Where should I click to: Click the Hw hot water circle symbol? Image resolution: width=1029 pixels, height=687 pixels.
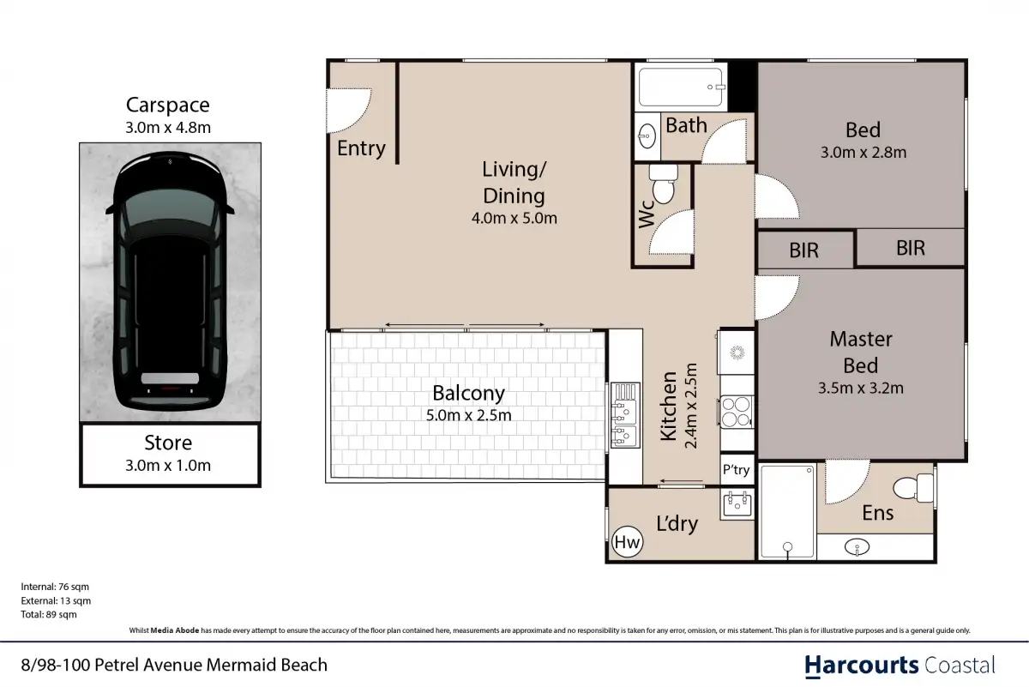point(628,542)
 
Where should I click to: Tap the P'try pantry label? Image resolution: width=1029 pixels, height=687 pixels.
point(736,470)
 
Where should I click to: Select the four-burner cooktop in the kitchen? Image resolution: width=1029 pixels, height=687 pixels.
point(736,412)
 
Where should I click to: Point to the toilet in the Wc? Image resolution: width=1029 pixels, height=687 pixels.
point(664,184)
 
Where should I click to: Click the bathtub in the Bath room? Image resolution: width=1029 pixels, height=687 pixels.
point(680,87)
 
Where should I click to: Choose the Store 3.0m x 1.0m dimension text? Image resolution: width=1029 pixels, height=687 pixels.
point(168,465)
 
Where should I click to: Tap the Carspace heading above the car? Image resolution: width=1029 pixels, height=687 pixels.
point(168,105)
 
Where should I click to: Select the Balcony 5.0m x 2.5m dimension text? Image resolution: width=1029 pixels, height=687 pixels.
point(468,415)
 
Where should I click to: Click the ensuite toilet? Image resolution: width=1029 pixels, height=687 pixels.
point(914,488)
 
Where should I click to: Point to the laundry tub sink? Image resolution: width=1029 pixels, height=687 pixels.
point(737,504)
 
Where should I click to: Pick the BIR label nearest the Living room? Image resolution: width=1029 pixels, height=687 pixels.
point(804,250)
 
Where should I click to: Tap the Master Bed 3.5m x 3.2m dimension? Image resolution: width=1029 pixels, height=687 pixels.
point(860,388)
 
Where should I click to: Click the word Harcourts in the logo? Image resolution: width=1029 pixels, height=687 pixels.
point(861,666)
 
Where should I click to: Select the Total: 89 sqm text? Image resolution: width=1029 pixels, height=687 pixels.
point(49,614)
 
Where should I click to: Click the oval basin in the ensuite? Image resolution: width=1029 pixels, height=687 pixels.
point(857,547)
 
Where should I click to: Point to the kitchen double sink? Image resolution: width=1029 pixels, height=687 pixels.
point(625,416)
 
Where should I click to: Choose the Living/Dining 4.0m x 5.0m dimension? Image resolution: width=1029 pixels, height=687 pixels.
point(514,218)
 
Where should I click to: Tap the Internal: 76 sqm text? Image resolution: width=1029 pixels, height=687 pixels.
point(55,587)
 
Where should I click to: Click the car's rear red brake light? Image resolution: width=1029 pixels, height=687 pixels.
point(170,389)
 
